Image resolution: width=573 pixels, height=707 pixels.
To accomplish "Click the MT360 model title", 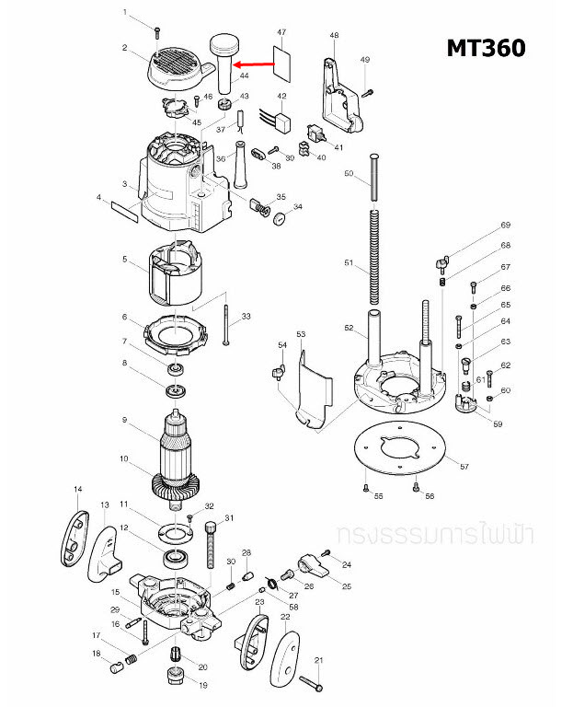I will [487, 47].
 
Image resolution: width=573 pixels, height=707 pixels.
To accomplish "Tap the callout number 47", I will [281, 32].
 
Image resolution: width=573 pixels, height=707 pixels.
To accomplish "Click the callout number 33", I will [246, 317].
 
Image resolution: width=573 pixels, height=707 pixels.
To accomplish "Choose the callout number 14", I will [78, 489].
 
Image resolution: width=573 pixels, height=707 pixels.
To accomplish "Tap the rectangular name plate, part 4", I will [123, 212].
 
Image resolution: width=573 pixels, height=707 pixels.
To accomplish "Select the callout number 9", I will [123, 420].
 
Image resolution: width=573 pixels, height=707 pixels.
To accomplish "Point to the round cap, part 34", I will [275, 219].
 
